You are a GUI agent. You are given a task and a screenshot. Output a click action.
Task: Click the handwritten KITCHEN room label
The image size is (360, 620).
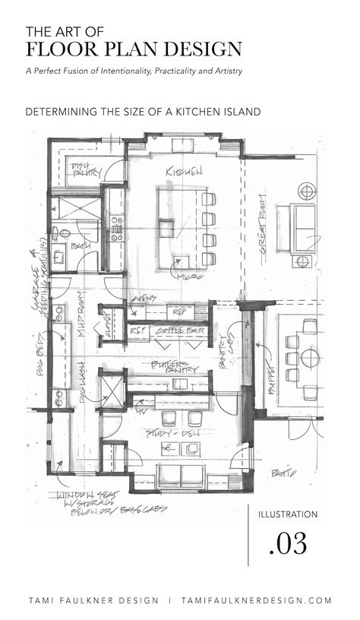click(x=183, y=172)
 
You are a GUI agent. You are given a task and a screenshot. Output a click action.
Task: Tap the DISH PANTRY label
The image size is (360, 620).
click(x=80, y=170)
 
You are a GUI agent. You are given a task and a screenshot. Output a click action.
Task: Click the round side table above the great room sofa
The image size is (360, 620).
click(x=305, y=188)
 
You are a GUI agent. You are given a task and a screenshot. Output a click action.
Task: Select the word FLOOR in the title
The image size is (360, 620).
click(x=58, y=49)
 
